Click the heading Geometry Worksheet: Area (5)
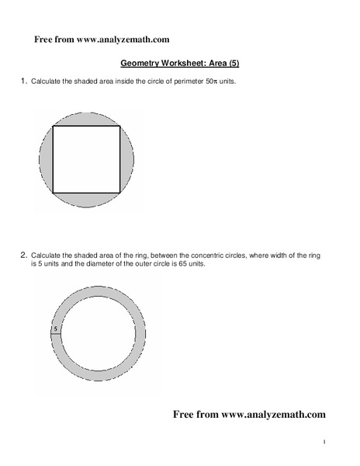click(x=180, y=66)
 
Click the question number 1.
click(x=23, y=80)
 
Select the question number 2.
click(x=23, y=254)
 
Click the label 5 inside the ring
click(x=55, y=329)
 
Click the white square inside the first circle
click(x=87, y=159)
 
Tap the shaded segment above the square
click(x=87, y=118)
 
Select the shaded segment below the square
click(x=87, y=200)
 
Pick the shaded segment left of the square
click(x=45, y=159)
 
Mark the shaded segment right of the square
click(x=128, y=159)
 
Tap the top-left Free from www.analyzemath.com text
click(x=102, y=39)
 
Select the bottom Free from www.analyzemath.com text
click(x=248, y=414)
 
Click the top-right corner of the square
click(x=120, y=127)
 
